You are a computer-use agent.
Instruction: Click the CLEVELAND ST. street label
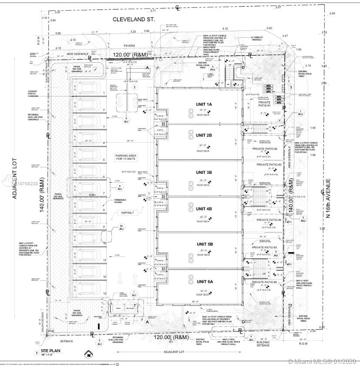[134, 20]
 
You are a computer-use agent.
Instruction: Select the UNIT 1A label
[203, 105]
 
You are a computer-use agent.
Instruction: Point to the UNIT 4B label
[203, 209]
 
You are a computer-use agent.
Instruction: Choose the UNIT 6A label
[203, 282]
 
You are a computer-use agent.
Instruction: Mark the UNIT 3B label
[203, 172]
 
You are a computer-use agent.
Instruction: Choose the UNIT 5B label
[203, 245]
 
